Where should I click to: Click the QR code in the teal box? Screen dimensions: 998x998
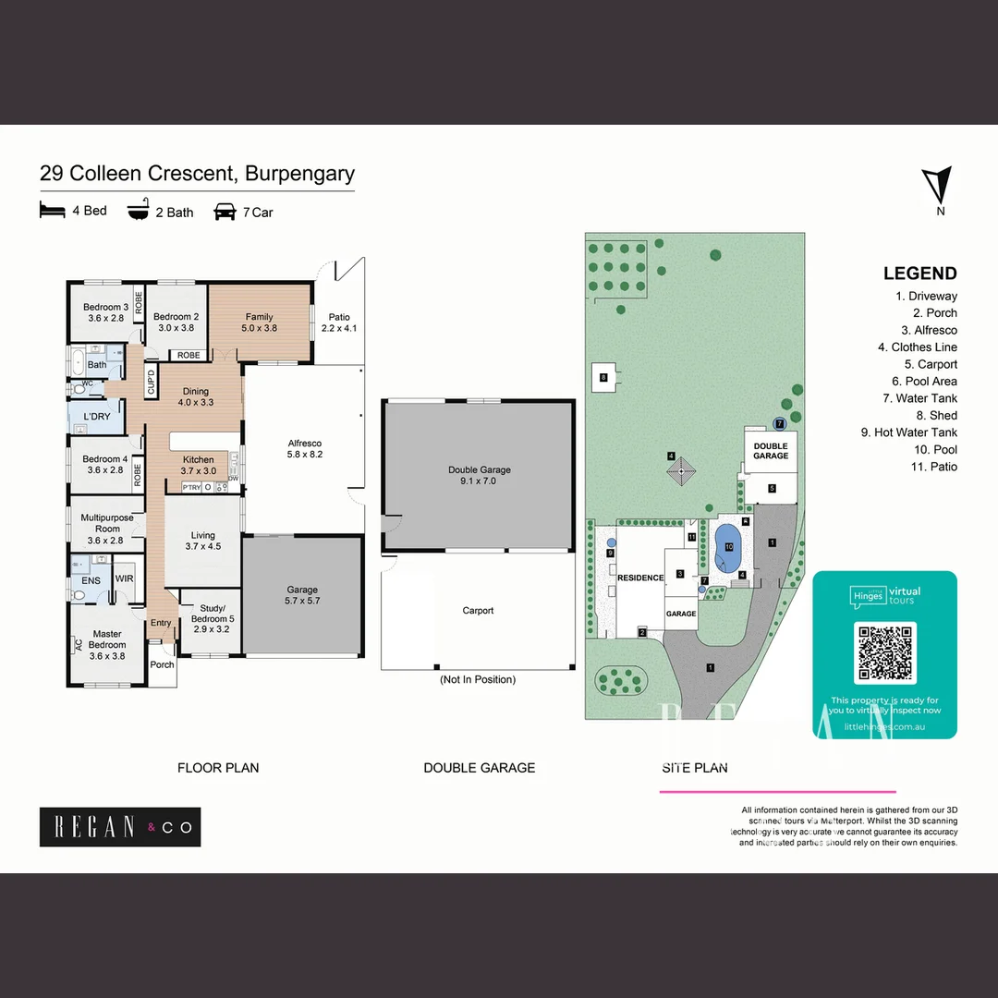tap(885, 653)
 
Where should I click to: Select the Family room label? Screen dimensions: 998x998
tap(259, 323)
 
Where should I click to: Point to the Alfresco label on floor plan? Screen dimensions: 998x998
tap(305, 449)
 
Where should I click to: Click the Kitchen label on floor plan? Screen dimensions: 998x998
tap(198, 465)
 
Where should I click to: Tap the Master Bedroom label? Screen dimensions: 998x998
tap(107, 639)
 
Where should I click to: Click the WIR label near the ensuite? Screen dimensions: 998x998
tap(124, 579)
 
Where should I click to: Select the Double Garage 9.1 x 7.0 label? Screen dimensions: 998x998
tap(479, 475)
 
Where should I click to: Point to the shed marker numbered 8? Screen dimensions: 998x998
tap(603, 377)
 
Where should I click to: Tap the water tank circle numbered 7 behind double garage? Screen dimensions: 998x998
tap(780, 423)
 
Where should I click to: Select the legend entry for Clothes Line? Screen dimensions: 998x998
tap(918, 347)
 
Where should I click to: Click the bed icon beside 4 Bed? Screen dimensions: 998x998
tap(53, 211)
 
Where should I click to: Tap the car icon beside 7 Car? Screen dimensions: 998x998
tap(225, 212)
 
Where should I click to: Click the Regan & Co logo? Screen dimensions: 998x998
tap(120, 827)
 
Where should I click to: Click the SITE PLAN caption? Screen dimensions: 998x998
tap(694, 768)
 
